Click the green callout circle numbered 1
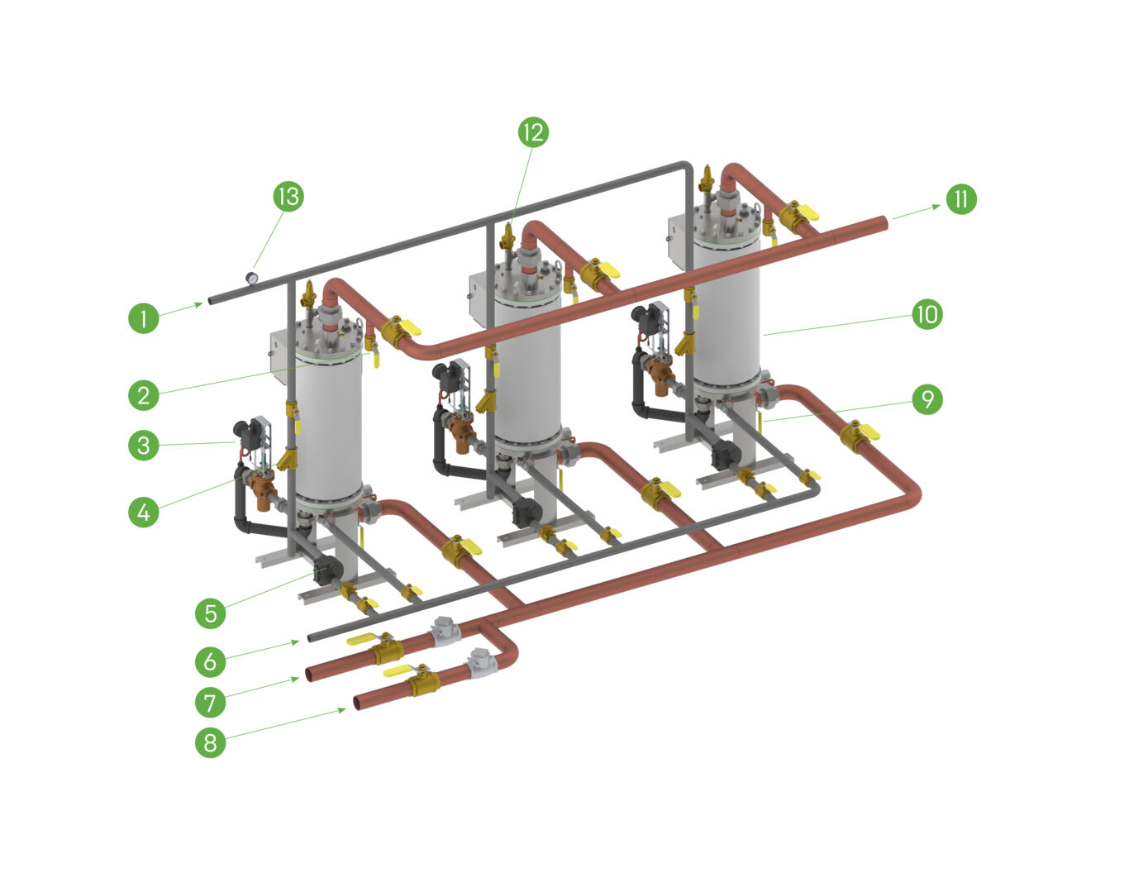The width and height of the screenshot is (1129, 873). pyautogui.click(x=144, y=318)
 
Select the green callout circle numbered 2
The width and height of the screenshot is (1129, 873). pyautogui.click(x=144, y=395)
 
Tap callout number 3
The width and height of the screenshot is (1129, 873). pyautogui.click(x=144, y=446)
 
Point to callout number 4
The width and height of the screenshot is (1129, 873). pyautogui.click(x=144, y=512)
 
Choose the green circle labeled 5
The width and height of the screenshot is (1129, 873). pyautogui.click(x=211, y=613)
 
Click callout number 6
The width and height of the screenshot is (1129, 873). pyautogui.click(x=211, y=661)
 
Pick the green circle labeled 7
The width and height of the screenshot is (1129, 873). pyautogui.click(x=211, y=703)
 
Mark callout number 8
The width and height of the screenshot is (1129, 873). pyautogui.click(x=211, y=742)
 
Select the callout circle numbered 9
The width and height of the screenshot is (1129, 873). pyautogui.click(x=927, y=399)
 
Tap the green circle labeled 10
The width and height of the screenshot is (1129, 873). pyautogui.click(x=927, y=314)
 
